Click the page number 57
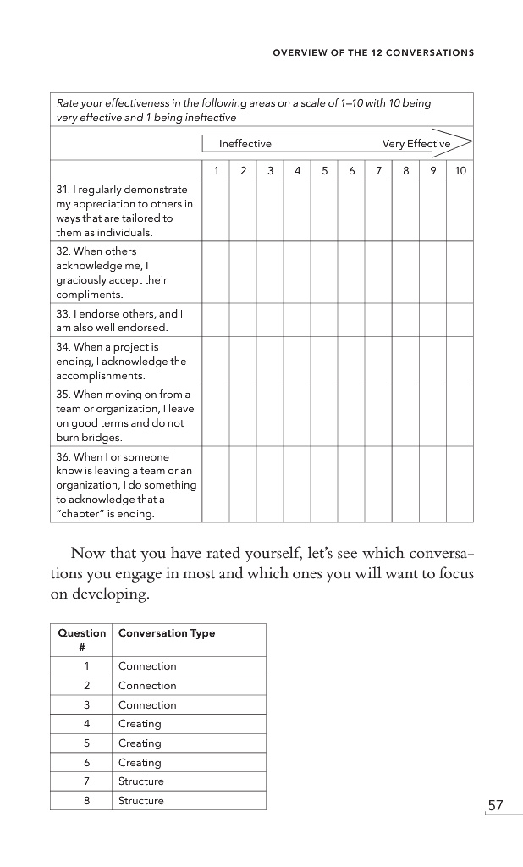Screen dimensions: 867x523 click(x=495, y=805)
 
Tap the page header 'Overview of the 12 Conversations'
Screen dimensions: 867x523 click(x=372, y=52)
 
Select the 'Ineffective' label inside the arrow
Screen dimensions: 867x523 click(x=245, y=144)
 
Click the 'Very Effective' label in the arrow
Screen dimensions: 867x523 click(x=416, y=144)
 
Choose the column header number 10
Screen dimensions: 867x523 click(x=460, y=171)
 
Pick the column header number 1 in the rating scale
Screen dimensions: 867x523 click(x=217, y=171)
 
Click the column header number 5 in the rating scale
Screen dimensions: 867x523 click(x=325, y=171)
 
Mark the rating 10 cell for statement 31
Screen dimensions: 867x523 click(x=460, y=211)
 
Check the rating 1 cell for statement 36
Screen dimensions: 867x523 click(x=217, y=485)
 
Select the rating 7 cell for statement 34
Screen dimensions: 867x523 click(x=379, y=362)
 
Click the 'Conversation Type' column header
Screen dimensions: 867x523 click(x=167, y=633)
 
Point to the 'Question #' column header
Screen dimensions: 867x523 click(x=81, y=639)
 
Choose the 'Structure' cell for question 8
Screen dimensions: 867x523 click(x=141, y=801)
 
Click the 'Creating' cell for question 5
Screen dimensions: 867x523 click(x=140, y=743)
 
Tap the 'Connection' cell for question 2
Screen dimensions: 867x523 click(x=147, y=686)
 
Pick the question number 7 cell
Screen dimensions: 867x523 click(x=87, y=781)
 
